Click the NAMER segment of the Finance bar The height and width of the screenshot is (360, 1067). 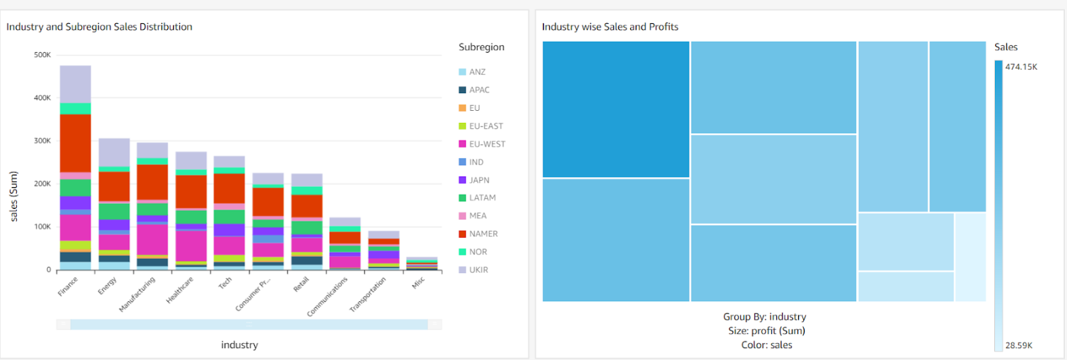coord(75,143)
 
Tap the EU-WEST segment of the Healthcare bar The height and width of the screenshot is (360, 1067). coord(191,246)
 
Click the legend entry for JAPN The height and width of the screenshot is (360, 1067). coord(478,180)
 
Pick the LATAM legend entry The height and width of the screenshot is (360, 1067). coord(481,198)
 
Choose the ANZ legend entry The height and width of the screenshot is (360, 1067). coord(477,72)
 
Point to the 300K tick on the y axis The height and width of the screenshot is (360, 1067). coord(42,141)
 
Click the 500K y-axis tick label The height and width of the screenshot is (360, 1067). coord(42,55)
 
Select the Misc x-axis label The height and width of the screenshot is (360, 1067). coord(419,284)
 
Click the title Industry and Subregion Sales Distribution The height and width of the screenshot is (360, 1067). coord(100,27)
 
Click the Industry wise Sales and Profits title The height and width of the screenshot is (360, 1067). coord(610,27)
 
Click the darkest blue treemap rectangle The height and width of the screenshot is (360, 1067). coord(615,109)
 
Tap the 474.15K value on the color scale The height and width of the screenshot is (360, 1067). coord(1021,67)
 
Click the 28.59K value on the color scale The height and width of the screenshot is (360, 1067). coord(1018,345)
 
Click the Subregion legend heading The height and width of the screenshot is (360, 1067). coord(481,47)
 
